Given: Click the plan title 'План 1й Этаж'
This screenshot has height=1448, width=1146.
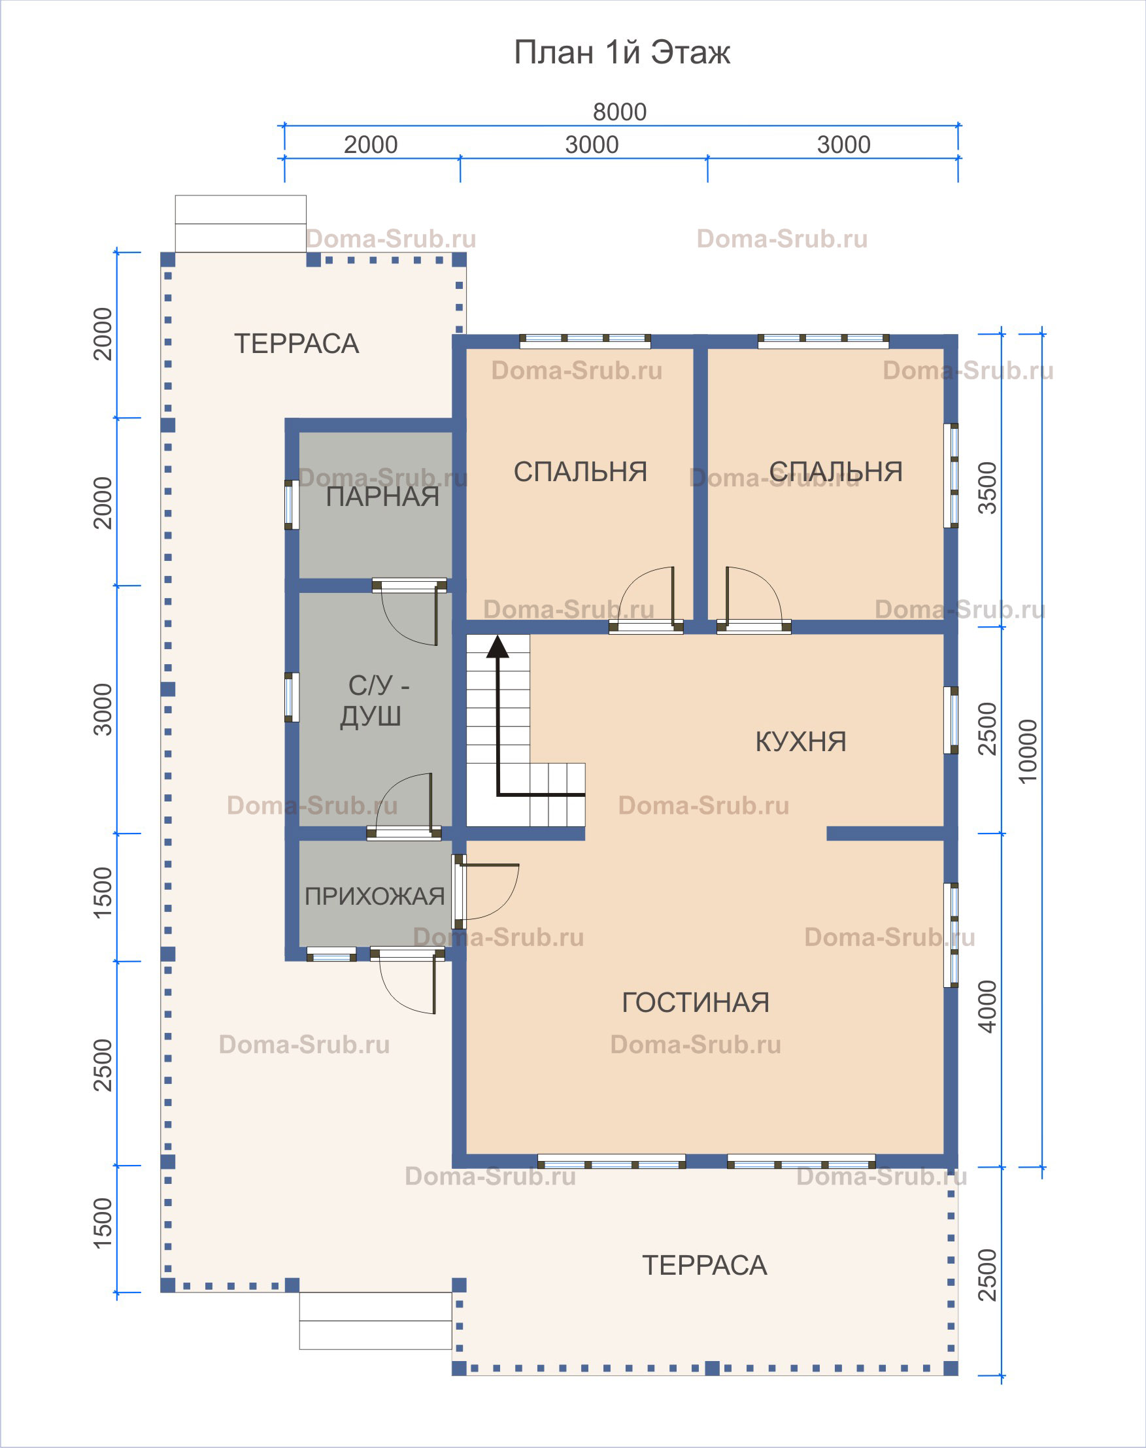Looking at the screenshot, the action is (x=621, y=52).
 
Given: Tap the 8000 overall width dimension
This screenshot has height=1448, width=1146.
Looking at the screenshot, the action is (x=619, y=112).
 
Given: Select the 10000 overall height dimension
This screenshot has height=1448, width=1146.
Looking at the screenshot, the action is (x=1027, y=751).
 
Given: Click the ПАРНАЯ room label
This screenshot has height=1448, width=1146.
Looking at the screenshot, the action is (x=382, y=497).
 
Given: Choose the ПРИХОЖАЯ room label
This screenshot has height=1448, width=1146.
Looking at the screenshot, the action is (x=375, y=896).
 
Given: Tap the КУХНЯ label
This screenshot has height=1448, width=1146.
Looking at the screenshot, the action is (x=800, y=741).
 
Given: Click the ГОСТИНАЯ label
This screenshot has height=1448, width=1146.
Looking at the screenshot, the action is (x=695, y=1002).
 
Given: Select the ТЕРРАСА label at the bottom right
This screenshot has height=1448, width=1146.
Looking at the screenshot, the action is (x=705, y=1266).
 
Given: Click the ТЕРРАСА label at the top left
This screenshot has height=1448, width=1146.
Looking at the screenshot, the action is (x=296, y=344).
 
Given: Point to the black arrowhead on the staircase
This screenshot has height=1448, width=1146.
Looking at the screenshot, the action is (x=497, y=645).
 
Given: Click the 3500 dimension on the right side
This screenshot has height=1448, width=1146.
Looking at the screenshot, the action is (x=988, y=488).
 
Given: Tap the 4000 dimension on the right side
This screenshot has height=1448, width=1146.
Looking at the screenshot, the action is (x=988, y=1007).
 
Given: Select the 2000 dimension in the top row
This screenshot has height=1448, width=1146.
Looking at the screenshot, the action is (x=371, y=145).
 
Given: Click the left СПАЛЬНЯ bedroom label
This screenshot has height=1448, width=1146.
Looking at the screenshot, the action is (x=581, y=472).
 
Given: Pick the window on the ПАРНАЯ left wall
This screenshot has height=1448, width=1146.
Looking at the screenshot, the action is (x=291, y=505).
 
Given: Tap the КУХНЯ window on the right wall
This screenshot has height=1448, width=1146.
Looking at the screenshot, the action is (x=951, y=720).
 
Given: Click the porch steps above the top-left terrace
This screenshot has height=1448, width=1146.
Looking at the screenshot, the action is (x=241, y=224).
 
